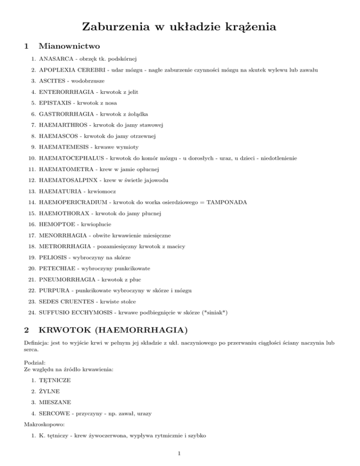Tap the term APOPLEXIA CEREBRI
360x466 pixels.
[73, 70]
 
